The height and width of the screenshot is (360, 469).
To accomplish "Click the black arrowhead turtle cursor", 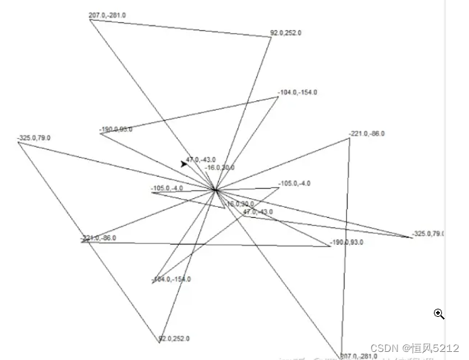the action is pyautogui.click(x=184, y=163).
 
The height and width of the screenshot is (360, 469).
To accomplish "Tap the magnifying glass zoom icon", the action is pyautogui.click(x=439, y=313).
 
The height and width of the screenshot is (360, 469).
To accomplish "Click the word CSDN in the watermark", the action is pyautogui.click(x=384, y=349).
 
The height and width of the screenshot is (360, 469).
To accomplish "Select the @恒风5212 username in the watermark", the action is pyautogui.click(x=431, y=349).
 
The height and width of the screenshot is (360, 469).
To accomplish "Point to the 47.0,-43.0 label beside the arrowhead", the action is pyautogui.click(x=201, y=159).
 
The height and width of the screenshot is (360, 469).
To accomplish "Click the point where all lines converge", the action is pyautogui.click(x=215, y=190).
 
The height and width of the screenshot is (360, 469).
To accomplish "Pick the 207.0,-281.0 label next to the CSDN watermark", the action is pyautogui.click(x=358, y=356).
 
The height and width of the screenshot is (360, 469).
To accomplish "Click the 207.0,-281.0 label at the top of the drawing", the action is pyautogui.click(x=108, y=15).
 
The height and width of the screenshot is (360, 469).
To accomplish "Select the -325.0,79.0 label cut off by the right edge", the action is pyautogui.click(x=428, y=233).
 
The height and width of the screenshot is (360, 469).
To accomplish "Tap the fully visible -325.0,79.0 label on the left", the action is pyautogui.click(x=34, y=138).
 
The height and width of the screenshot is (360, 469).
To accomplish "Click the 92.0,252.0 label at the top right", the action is pyautogui.click(x=286, y=32).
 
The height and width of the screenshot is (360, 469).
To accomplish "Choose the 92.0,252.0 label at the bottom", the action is pyautogui.click(x=174, y=338).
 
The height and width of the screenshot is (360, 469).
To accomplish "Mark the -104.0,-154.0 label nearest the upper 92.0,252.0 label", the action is pyautogui.click(x=297, y=92).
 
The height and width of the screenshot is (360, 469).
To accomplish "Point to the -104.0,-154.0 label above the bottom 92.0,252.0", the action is pyautogui.click(x=171, y=279).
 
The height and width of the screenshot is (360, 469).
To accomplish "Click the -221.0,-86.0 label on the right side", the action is pyautogui.click(x=367, y=133).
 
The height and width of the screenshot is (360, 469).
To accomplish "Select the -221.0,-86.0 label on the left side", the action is pyautogui.click(x=99, y=238).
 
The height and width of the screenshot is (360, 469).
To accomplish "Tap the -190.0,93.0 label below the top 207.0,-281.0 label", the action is pyautogui.click(x=115, y=129).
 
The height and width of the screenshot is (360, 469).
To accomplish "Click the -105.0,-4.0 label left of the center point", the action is pyautogui.click(x=167, y=188).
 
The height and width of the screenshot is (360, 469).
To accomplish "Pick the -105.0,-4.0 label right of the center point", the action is pyautogui.click(x=294, y=183).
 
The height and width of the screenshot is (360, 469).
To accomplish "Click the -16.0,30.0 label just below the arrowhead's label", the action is pyautogui.click(x=220, y=167).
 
